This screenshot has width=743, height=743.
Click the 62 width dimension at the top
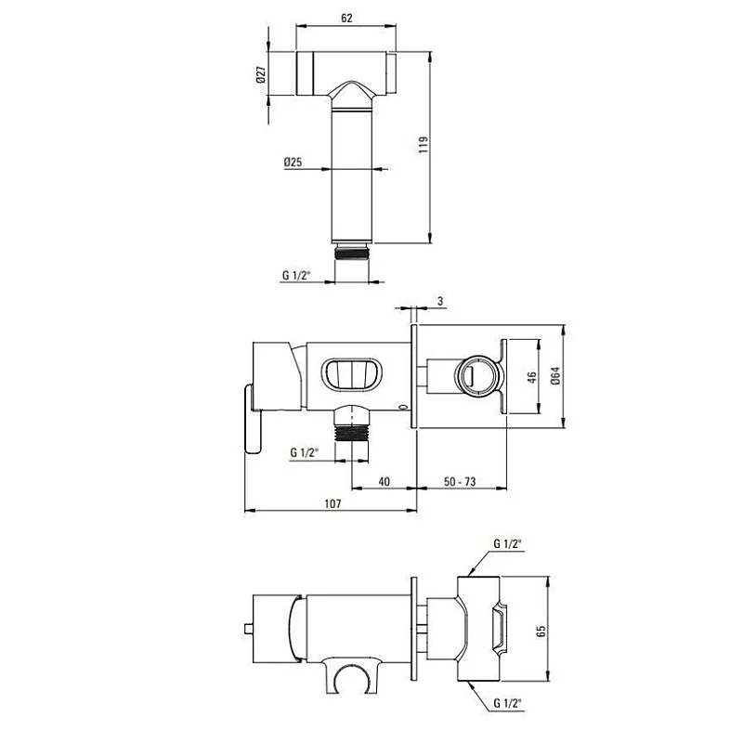(346, 17)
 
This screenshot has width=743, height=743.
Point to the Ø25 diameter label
(293, 163)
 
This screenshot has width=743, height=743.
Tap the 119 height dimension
(423, 144)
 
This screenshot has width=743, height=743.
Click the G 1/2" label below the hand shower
(296, 275)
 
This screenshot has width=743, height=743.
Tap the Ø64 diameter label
(555, 376)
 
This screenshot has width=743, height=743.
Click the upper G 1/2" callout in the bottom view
(508, 543)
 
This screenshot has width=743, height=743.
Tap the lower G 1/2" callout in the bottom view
(508, 703)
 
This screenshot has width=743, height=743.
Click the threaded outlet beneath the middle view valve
(353, 431)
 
